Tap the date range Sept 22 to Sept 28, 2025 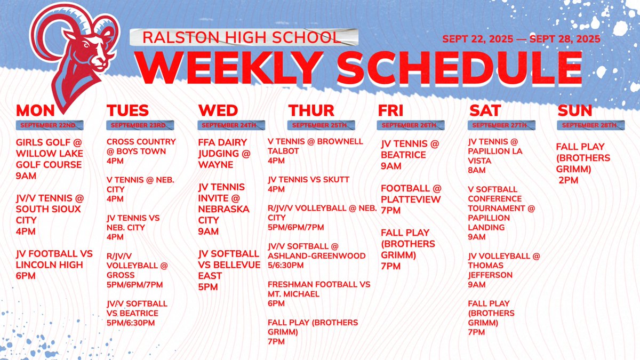(521, 39)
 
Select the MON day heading (36, 110)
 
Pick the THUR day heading (311, 110)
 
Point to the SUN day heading (575, 110)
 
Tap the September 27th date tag (499, 125)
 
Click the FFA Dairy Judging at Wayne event (222, 154)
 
